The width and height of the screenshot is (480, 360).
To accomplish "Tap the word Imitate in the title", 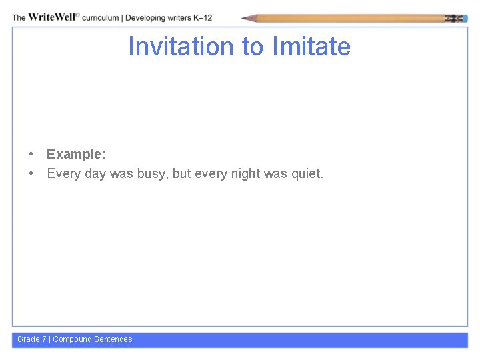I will click(x=311, y=47).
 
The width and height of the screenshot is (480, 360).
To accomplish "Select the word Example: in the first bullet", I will click(x=76, y=154).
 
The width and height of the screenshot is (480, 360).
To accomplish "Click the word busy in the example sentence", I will click(x=152, y=174).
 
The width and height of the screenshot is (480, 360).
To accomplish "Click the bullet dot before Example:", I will click(x=31, y=154).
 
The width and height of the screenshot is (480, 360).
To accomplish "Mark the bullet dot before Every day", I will click(x=31, y=174).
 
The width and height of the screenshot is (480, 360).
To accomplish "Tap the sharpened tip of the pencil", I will click(x=245, y=19).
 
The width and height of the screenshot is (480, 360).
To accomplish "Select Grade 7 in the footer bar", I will click(x=32, y=339).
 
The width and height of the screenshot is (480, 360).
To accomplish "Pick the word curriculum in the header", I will click(x=101, y=18).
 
